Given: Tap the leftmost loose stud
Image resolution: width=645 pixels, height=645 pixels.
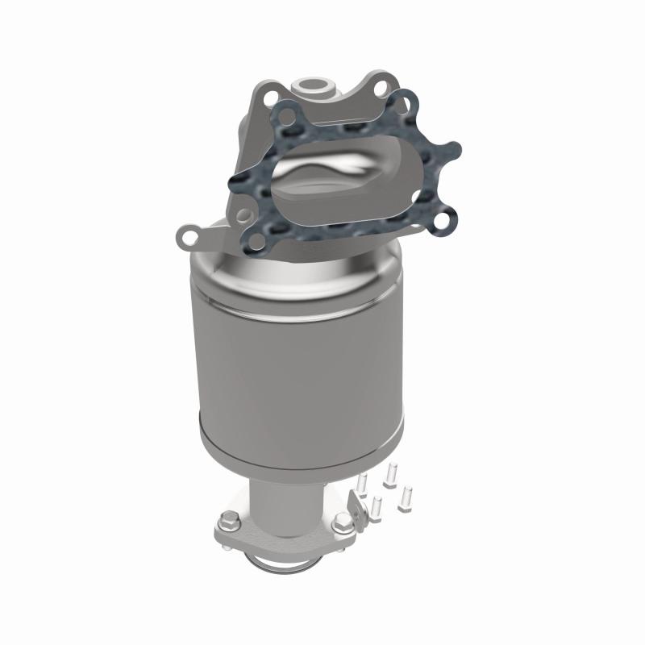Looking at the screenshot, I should coord(362,484).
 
